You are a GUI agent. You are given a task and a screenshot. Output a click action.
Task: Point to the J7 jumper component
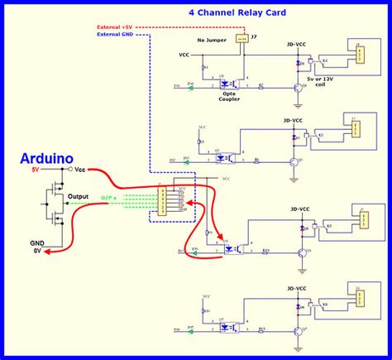pos(241,38)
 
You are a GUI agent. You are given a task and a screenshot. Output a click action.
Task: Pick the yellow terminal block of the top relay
pos(360,55)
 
